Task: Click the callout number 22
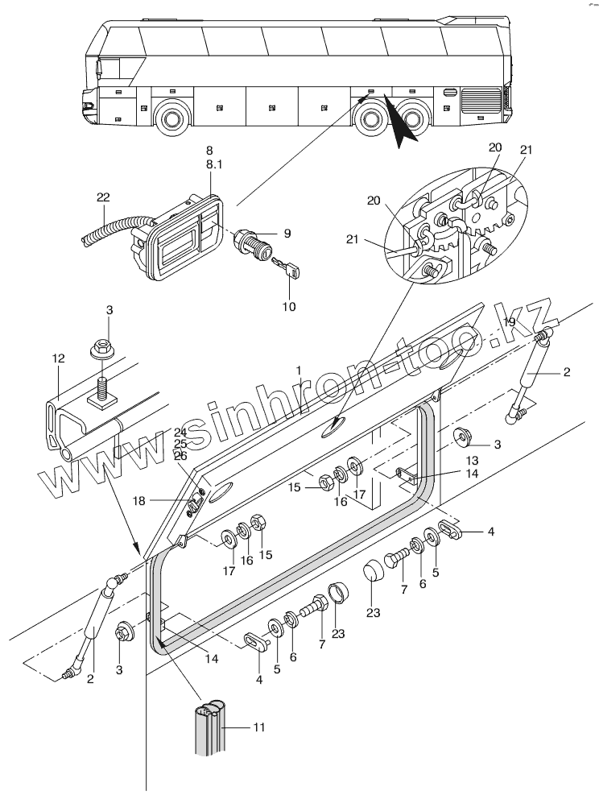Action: pos(102,198)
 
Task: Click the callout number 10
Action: pos(288,306)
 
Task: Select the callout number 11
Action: pos(258,727)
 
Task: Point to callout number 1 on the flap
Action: pos(299,369)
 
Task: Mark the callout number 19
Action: pos(508,321)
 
